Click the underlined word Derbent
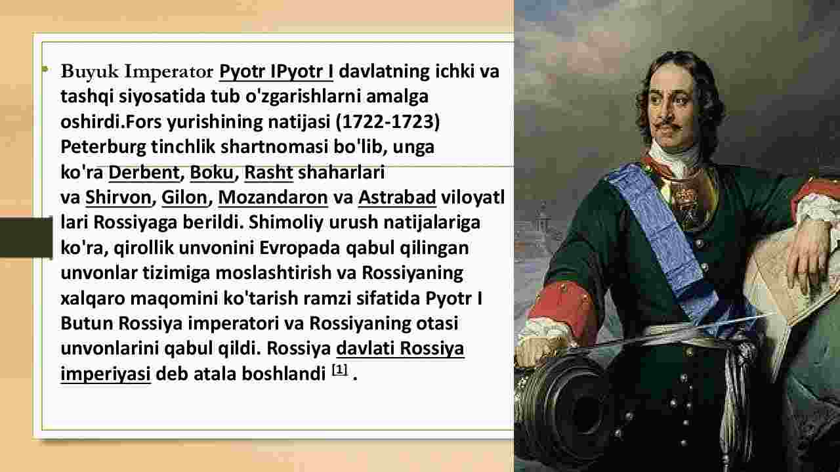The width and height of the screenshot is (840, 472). tap(144, 173)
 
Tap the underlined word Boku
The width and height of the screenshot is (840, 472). tap(212, 173)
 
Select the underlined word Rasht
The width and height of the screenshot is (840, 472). tap(268, 173)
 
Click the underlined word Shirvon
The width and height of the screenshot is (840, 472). tap(118, 198)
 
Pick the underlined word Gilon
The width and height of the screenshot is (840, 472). tap(184, 198)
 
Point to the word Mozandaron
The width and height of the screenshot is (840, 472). tap(273, 198)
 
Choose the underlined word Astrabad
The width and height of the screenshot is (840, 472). tap(397, 198)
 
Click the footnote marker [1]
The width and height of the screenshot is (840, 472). tap(340, 370)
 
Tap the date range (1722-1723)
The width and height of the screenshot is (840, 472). tap(388, 122)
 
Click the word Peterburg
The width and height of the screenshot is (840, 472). tap(103, 148)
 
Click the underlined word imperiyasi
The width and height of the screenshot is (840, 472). tap(106, 374)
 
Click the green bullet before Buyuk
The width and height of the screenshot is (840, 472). tap(45, 69)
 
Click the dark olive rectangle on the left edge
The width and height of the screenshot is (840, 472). tap(26, 237)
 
